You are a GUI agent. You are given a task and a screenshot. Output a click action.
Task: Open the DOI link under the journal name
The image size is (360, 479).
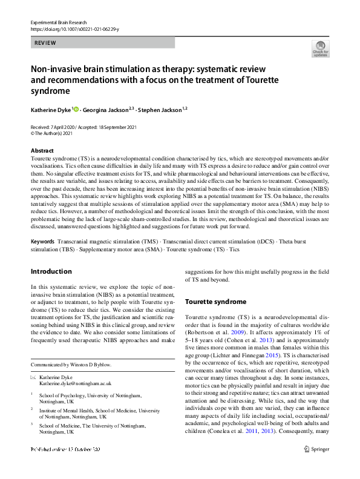70,28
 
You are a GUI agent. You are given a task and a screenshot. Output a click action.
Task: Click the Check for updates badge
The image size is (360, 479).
321,50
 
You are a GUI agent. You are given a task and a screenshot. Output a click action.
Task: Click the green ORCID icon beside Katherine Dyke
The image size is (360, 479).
77,109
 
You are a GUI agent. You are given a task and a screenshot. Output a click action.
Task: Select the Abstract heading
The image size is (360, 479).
42,151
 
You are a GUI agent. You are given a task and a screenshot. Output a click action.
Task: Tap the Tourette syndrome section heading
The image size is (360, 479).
215,302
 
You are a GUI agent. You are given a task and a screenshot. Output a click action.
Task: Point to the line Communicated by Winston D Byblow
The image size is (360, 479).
73,365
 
